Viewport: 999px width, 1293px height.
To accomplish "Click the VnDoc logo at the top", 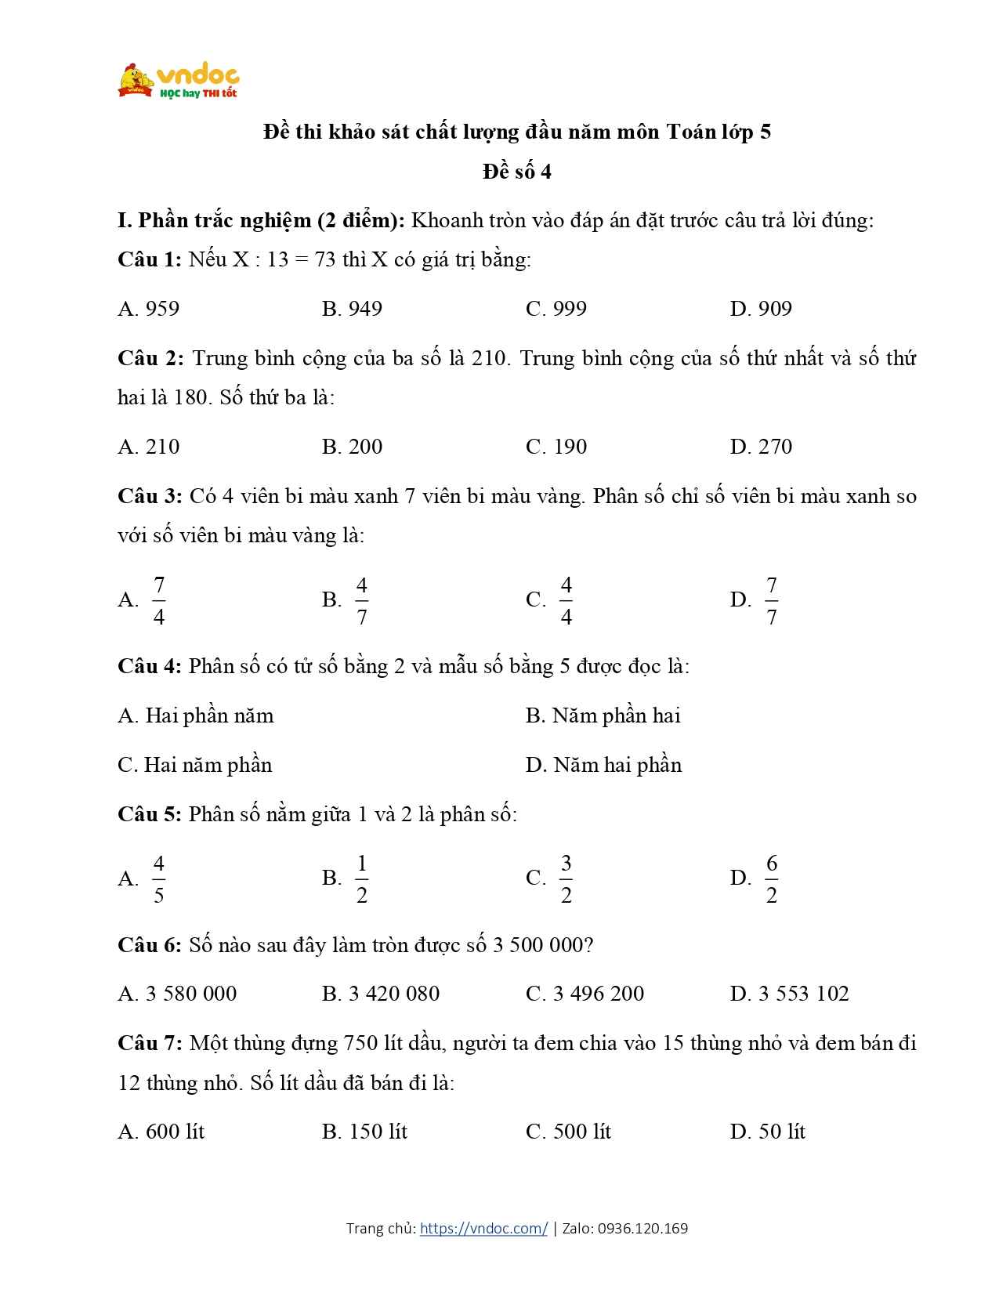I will tap(179, 81).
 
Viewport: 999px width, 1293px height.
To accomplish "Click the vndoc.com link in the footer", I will tap(483, 1228).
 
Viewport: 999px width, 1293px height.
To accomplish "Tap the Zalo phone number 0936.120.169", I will tap(642, 1228).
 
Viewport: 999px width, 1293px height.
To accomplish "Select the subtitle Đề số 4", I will tap(516, 172).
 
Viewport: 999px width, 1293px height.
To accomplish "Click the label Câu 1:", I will tap(150, 259).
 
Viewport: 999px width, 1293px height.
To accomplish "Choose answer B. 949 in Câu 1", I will tap(352, 309).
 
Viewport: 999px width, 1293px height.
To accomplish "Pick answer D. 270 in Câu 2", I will tap(761, 447).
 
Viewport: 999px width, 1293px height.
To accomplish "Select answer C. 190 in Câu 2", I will tap(556, 447).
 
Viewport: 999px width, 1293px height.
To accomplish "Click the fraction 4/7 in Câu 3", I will tap(361, 601).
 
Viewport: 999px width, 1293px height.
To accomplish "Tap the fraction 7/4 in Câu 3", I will tap(159, 601).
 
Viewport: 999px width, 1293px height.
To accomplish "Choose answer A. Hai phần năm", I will tap(196, 715).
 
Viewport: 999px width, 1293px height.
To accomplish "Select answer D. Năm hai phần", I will tap(603, 765).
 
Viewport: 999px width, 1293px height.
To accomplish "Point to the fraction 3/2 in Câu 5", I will tap(566, 878).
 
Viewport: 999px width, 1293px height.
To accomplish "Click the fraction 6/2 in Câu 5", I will tap(771, 878).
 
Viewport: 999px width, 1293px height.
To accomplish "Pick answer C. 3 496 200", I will tap(585, 994).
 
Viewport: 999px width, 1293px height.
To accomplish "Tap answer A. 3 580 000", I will tap(177, 994).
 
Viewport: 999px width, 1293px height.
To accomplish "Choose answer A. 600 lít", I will tap(161, 1132).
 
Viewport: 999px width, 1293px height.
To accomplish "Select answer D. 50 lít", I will tap(767, 1132).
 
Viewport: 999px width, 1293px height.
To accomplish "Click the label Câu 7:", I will tap(150, 1044).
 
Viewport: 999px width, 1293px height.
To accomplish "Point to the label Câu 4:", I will tap(150, 666).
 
